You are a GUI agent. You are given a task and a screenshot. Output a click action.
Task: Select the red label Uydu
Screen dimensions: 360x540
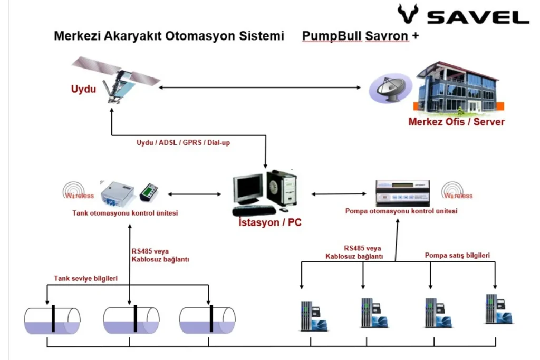tap(83, 89)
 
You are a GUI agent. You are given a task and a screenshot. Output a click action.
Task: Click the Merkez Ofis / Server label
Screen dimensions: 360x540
tap(456, 122)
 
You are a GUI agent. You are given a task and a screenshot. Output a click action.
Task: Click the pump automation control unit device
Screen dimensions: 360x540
tap(403, 193)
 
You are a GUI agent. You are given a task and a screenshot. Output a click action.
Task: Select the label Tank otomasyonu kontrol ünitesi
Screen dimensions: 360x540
tap(125, 213)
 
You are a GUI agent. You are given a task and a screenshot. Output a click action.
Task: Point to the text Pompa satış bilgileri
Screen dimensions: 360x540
tap(457, 256)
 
